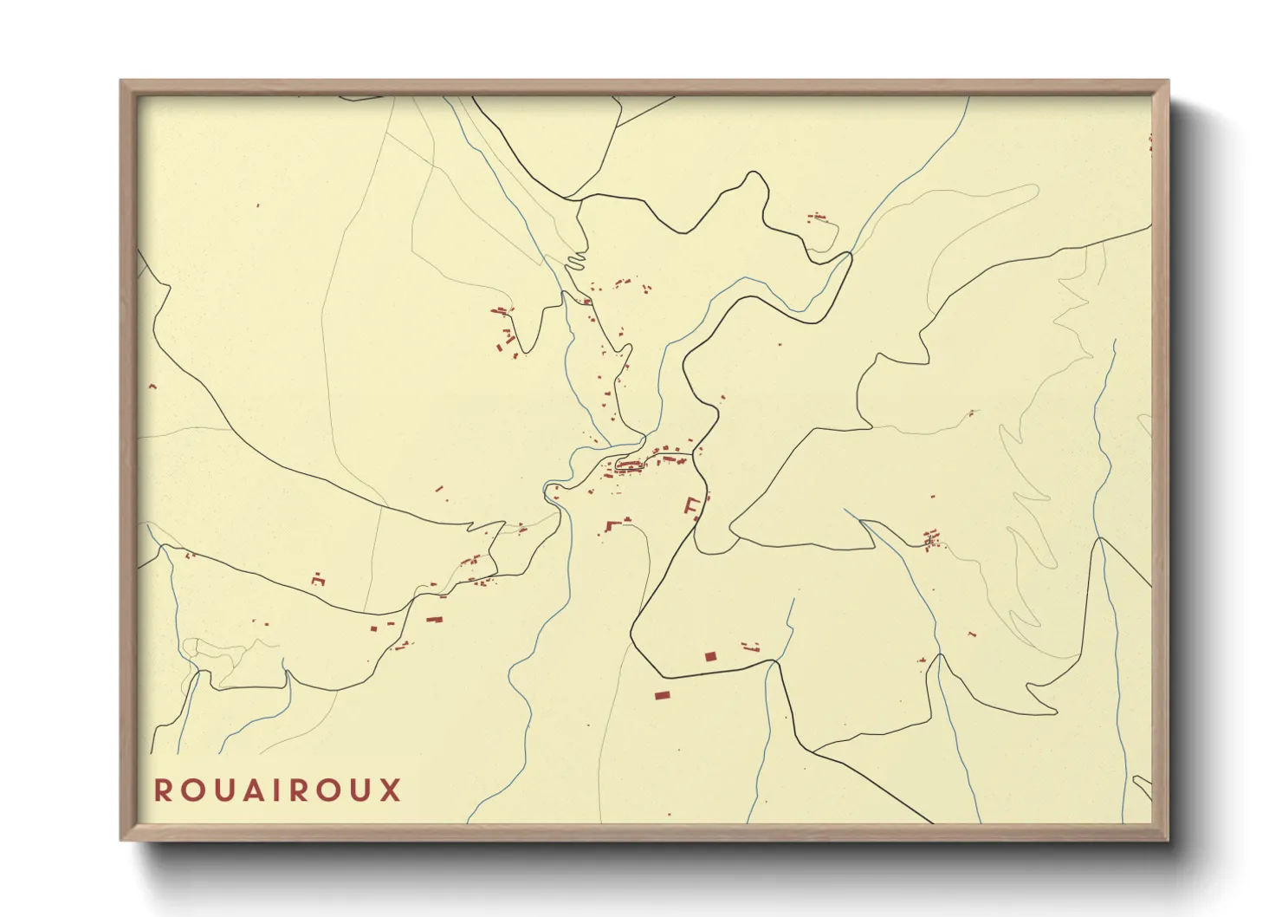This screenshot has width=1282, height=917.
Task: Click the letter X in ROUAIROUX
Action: tap(389, 790)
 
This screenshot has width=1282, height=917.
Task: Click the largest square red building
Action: tap(710, 657)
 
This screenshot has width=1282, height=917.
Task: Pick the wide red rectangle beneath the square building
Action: tap(663, 695)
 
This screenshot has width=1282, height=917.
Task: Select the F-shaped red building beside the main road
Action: tap(692, 505)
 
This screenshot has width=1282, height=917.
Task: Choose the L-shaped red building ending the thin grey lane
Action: tap(615, 524)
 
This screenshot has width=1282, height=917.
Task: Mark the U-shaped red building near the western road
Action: tap(318, 580)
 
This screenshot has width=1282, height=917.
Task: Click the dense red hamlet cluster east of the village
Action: tap(931, 539)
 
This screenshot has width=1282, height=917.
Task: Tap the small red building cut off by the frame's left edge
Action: tap(152, 386)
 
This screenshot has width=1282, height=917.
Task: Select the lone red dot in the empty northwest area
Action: tap(257, 205)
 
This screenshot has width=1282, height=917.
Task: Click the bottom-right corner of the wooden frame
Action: tap(1168, 839)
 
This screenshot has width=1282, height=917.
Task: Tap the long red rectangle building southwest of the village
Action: tap(434, 620)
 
